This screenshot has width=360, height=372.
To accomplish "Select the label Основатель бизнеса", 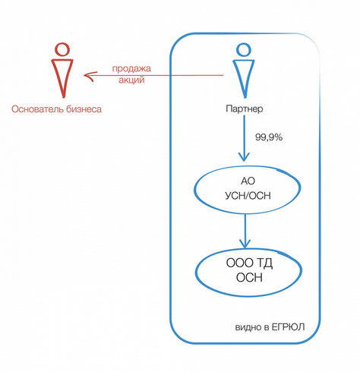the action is tap(56, 109).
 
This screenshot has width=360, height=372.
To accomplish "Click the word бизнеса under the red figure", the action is tap(84, 109).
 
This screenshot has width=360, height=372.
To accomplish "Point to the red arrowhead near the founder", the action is tap(88, 76).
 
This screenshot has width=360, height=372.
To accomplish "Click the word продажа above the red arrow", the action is tap(131, 69).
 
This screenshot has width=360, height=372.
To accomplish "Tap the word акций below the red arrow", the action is tap(131, 80).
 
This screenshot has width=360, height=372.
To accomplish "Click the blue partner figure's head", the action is tap(244, 49).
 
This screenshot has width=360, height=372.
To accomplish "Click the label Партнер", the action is tap(245, 109).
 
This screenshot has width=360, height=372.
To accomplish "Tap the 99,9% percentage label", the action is tap(269, 137).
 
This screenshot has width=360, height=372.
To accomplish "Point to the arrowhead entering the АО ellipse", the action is tap(244, 157).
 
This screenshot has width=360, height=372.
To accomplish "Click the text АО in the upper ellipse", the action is tap(248, 181).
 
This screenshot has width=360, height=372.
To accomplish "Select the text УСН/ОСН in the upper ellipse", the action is tap(248, 196).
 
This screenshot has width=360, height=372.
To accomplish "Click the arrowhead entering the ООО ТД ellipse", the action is tap(245, 244).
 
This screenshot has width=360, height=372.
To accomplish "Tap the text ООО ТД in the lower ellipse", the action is tap(249, 263).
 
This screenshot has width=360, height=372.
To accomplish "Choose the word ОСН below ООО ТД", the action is tap(249, 278).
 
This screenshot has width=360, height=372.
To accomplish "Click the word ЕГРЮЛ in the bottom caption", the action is tap(288, 327).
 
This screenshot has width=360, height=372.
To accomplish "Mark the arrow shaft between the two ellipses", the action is tap(245, 229).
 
